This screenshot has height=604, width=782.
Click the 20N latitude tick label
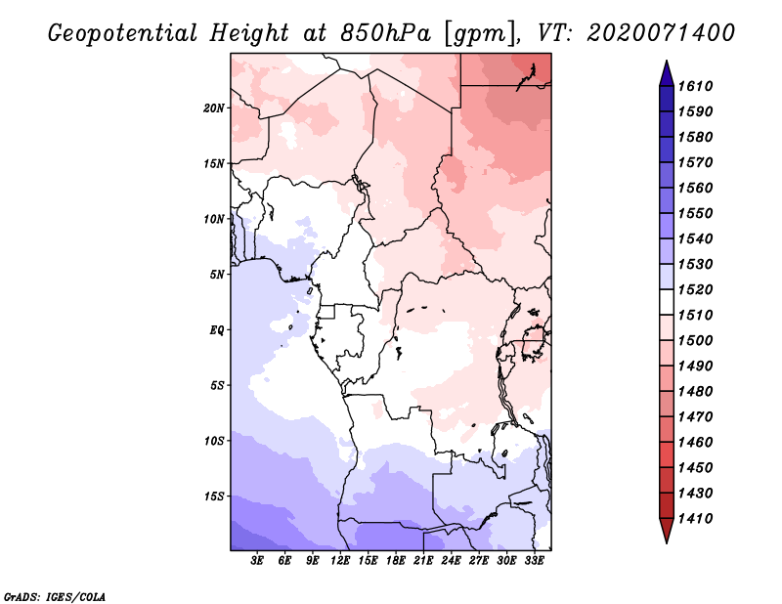pos(213,108)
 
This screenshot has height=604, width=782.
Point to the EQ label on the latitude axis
pos(217,330)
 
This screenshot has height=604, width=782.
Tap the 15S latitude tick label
pos(214,496)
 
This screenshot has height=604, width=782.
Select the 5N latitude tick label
pos(217,275)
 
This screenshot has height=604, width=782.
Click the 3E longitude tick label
pos(257,561)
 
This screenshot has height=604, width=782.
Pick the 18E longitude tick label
pos(396,561)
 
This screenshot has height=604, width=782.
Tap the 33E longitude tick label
pos(534,561)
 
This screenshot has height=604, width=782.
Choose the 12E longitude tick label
pos(340,561)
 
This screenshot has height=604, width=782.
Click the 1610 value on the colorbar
pos(695,86)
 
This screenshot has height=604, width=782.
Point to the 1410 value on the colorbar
pos(695,519)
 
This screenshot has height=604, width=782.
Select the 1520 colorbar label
pos(695,289)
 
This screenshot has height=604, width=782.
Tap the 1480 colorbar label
pos(695,392)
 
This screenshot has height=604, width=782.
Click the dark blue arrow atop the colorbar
pos(667,75)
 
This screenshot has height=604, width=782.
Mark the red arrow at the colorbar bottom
pos(667,529)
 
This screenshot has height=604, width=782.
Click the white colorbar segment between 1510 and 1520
pos(667,302)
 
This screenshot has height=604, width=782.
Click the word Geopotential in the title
pos(123,34)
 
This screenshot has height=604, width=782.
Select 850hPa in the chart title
pos(386,33)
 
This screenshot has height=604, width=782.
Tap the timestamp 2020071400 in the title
pos(661,33)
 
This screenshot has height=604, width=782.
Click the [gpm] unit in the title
pos(480,34)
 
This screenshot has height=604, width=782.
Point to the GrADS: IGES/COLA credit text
pos(55,597)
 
